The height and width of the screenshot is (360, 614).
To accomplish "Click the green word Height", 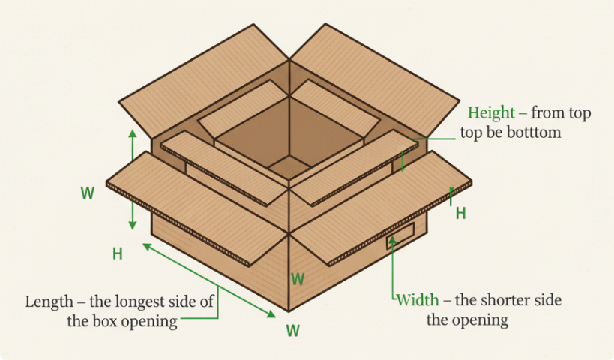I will pos(491,113).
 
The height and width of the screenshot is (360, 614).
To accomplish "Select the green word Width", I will pos(418,300).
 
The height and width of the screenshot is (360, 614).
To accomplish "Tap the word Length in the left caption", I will pos(49,302).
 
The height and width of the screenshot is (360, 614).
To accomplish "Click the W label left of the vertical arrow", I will pos(88,193).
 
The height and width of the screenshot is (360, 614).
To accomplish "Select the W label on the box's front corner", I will pos(298,279).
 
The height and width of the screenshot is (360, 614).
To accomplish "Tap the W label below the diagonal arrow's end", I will pos(293,330).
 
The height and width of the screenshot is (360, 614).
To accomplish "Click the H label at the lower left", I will pos(118,254).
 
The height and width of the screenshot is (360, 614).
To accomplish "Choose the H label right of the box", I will pos(460,214).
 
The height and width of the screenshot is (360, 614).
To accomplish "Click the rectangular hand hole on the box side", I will pos(400,235).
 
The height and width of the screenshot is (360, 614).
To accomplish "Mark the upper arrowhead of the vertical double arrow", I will pos(133,133).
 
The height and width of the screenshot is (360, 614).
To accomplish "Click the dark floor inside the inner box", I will pos(289,167).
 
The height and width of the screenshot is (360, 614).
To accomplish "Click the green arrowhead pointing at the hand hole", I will pos(392,241).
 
